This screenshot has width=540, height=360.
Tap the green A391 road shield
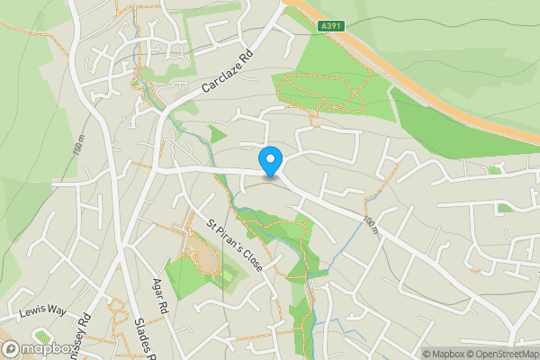[x=331, y=28]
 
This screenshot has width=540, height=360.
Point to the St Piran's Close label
[x=230, y=246]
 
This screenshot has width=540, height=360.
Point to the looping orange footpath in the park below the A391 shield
[x=319, y=90]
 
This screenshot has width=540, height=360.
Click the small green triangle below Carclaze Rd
[x=216, y=135]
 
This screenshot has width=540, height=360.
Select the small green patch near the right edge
[x=495, y=170]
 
